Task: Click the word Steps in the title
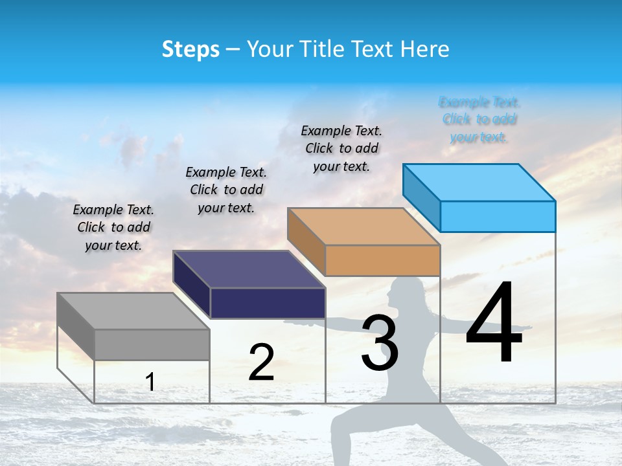[190, 49]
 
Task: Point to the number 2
[261, 362]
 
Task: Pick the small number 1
[150, 382]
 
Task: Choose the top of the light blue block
[479, 183]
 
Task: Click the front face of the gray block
[152, 344]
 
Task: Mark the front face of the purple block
[268, 303]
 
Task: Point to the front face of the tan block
[382, 260]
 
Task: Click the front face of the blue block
[498, 216]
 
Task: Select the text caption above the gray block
[113, 227]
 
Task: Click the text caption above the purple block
[226, 190]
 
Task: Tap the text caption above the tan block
[341, 148]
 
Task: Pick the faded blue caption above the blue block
[479, 119]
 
